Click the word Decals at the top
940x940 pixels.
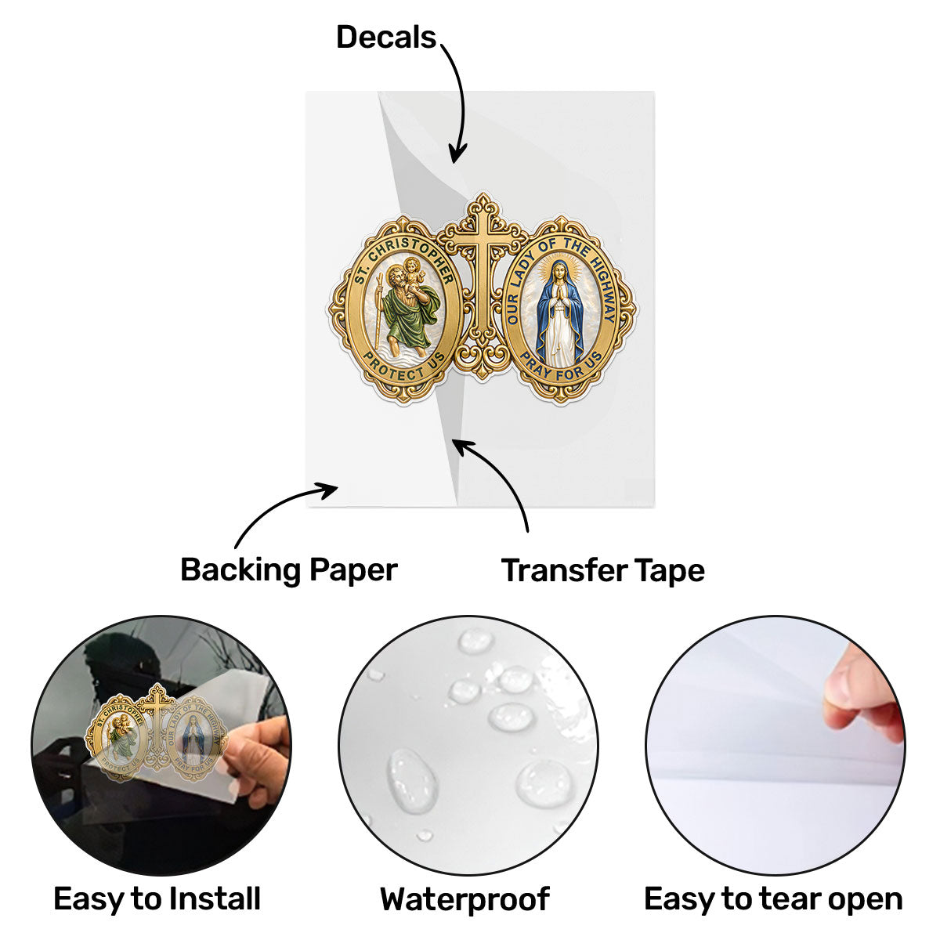coord(386,38)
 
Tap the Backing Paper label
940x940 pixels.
coord(289,570)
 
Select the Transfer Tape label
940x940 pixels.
coord(603,570)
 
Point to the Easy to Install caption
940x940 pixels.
coord(157,898)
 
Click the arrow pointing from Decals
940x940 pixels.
coord(461,98)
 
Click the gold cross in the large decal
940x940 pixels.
coord(483,287)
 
